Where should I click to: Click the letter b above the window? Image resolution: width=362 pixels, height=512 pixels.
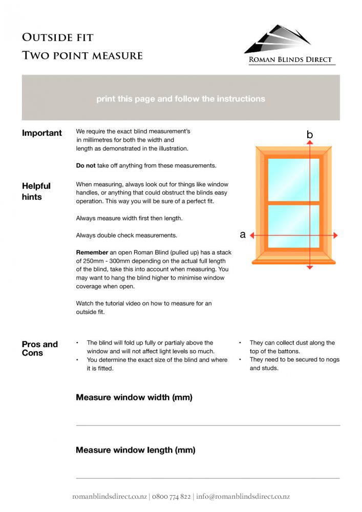click(x=309, y=135)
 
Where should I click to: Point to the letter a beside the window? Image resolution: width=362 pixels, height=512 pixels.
click(x=243, y=235)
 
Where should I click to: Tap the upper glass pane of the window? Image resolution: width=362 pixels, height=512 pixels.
click(x=293, y=179)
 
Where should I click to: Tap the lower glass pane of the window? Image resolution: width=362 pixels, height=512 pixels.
click(x=293, y=226)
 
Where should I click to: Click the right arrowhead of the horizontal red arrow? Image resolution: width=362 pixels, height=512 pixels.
click(x=335, y=236)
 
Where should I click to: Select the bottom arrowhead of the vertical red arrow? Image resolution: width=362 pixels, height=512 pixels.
click(x=309, y=266)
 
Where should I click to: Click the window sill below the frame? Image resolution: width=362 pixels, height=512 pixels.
click(x=294, y=261)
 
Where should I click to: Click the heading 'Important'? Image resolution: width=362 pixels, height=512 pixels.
click(x=41, y=133)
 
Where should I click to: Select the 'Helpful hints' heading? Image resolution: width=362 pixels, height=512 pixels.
click(x=36, y=191)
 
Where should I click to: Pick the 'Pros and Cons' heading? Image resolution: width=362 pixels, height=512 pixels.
click(x=39, y=348)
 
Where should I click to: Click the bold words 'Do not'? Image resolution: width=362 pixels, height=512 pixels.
click(x=86, y=166)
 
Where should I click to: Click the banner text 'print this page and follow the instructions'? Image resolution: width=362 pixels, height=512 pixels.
click(x=181, y=99)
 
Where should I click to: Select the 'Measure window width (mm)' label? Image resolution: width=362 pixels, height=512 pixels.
click(x=134, y=397)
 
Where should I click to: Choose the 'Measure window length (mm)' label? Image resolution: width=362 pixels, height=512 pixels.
click(x=136, y=451)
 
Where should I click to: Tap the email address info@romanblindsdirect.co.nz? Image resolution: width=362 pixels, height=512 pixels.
click(x=243, y=497)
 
